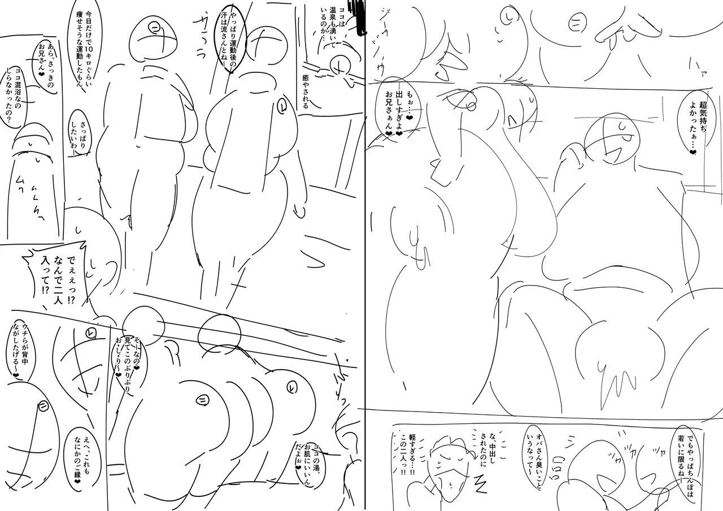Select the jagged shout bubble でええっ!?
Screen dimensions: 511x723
coord(54,269)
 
